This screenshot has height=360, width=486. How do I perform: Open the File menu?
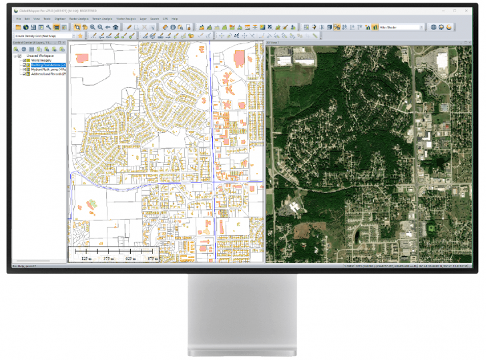pos(19,19)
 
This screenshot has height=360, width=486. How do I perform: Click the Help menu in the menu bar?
pos(174,19)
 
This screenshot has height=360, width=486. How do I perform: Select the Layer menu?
pos(144,19)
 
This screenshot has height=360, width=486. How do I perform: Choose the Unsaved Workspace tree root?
pos(39,55)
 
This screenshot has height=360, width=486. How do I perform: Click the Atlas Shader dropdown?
pos(401,27)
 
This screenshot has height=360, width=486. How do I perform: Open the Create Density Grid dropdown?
pos(44,35)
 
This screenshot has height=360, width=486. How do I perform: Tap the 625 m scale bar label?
pos(130,258)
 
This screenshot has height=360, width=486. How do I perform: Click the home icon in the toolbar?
pos(115,27)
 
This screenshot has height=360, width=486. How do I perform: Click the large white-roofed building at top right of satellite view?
pos(441,63)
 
